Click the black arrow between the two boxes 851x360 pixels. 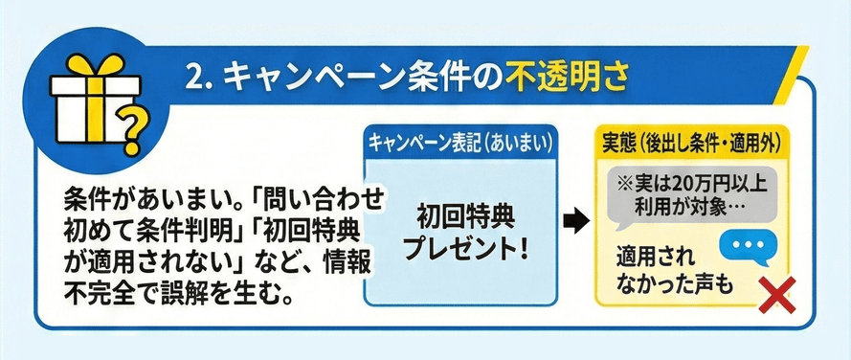coord(572,222)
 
